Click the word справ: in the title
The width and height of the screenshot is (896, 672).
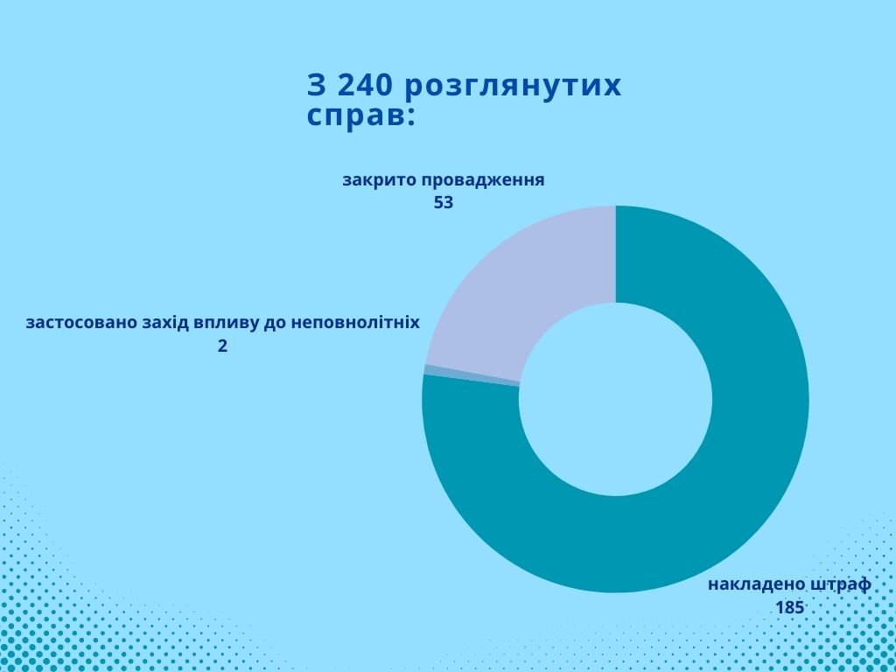coord(360,116)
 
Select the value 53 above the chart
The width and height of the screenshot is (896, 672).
coord(444,203)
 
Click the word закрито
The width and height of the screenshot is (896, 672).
coord(379,180)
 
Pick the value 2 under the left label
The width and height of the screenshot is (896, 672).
coord(223,346)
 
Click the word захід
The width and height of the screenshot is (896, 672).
coord(170,323)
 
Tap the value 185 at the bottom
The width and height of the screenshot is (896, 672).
coord(789,607)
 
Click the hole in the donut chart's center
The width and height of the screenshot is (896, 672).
coord(616,399)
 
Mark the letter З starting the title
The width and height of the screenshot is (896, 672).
coord(316,86)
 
